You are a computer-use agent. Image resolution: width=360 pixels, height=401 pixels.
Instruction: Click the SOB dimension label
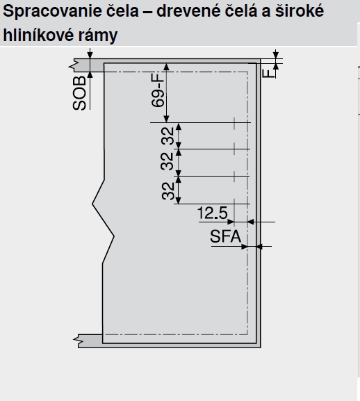pos(79,93)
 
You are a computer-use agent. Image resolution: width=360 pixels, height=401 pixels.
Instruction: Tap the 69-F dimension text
pos(158,90)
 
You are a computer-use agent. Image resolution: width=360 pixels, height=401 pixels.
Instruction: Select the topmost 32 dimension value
pos(167,136)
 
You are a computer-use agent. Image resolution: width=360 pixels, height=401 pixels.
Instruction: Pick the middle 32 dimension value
pos(167,161)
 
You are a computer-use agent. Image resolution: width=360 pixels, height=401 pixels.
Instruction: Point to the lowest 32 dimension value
pos(168,191)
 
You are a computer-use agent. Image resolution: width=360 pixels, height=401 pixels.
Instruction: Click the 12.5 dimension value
pos(212,213)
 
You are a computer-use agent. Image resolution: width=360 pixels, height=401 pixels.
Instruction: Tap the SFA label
pos(225,236)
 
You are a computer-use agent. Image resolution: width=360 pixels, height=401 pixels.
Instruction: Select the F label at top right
pos(268,74)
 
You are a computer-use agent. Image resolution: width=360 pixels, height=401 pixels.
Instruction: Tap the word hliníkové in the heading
pos(38,35)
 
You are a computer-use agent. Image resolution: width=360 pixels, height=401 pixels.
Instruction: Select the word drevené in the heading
pos(188,10)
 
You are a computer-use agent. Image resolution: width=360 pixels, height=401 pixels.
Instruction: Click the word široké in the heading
pos(300,10)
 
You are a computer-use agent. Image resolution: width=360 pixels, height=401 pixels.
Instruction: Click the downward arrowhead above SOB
pos(90,55)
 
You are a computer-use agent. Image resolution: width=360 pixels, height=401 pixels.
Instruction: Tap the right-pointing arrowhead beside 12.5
pos(231,222)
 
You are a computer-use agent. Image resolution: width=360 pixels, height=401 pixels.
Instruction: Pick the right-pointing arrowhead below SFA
pos(245,247)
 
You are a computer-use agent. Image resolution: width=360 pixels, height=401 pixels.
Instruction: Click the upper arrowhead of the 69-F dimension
pos(167,67)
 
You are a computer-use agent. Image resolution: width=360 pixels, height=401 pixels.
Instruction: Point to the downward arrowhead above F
pos(276,55)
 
